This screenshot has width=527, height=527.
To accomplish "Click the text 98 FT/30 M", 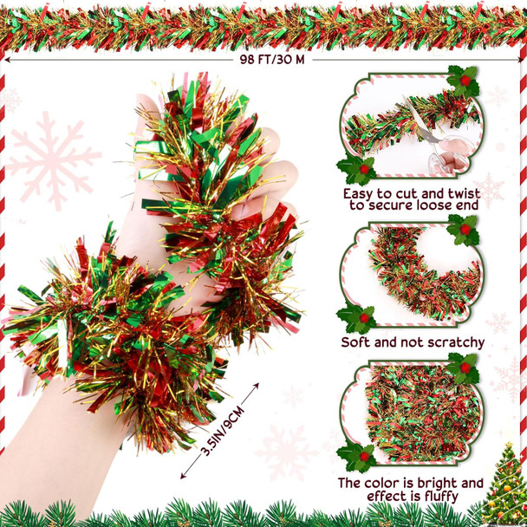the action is [x=272, y=60].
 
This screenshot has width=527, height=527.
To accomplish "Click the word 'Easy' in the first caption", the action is [x=358, y=194].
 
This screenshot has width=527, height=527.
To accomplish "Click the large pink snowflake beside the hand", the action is [x=52, y=160].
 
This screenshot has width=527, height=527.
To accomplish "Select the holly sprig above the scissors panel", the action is [x=464, y=81].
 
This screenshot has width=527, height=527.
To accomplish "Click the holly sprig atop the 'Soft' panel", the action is [x=464, y=231].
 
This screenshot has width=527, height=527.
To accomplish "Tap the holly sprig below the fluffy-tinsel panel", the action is [x=357, y=456].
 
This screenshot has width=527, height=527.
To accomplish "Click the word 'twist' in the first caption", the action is [x=463, y=194].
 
